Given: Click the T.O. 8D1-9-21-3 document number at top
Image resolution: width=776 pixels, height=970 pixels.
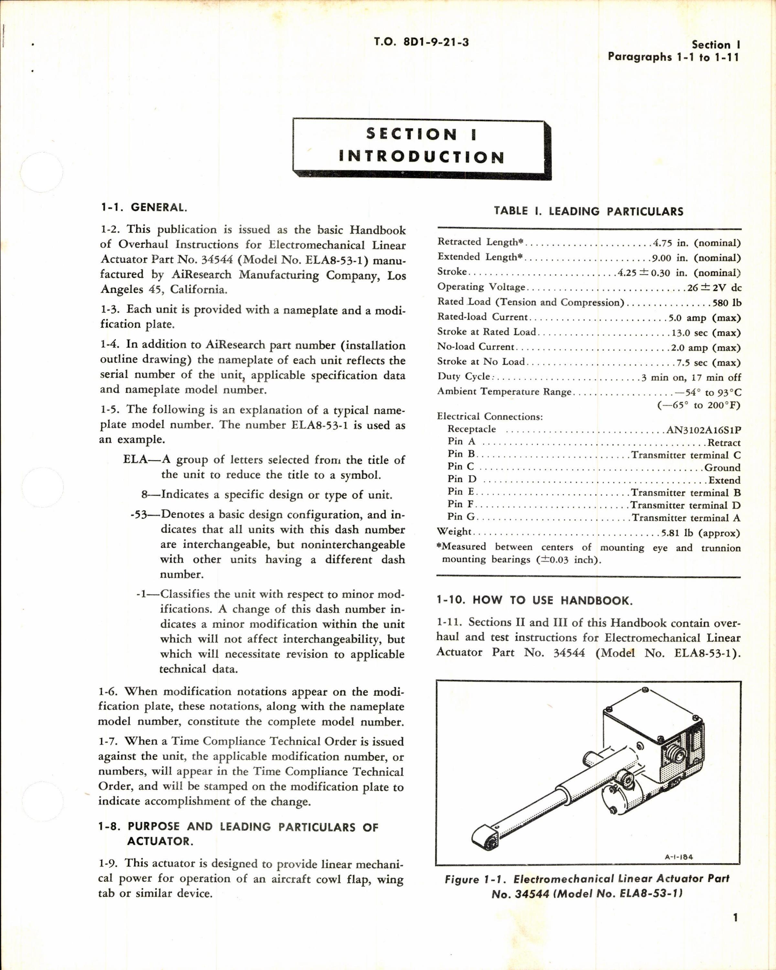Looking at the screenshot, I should tap(421, 42).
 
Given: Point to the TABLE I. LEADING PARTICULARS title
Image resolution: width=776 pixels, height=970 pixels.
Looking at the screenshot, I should tap(588, 211).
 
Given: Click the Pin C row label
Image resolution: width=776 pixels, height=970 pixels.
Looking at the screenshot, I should tap(461, 467).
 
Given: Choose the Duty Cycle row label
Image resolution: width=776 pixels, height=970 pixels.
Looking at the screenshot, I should tap(464, 377).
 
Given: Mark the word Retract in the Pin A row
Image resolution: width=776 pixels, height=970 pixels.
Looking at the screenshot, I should tap(724, 443).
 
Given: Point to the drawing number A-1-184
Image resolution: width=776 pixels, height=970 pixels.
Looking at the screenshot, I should tap(678, 857).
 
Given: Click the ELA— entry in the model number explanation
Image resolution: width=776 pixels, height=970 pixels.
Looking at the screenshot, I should tap(140, 460).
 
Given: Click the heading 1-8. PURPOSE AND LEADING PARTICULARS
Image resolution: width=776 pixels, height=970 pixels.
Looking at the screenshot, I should tap(238, 826).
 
